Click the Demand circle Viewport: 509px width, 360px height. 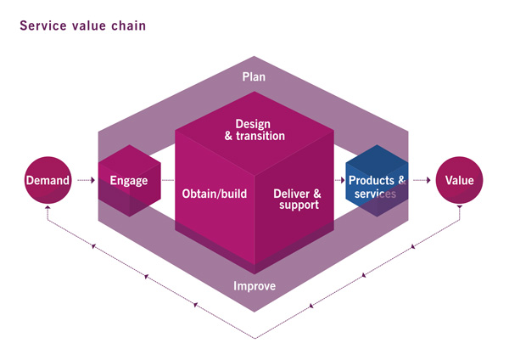tap(48, 180)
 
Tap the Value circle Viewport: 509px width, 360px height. tap(459, 180)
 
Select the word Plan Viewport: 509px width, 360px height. tap(254, 77)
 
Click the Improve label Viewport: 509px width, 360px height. tap(255, 286)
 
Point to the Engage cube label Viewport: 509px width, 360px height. tap(129, 181)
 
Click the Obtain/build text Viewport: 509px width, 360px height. tap(215, 194)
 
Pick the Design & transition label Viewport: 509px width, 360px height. tap(255, 130)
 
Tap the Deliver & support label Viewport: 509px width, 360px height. tap(298, 200)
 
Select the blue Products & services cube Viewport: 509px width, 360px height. tap(377, 181)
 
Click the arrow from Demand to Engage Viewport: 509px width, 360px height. tap(86, 180)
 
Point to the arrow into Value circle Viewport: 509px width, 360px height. tap(422, 180)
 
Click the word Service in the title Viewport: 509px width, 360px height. tap(43, 25)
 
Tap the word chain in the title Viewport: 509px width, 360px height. tap(129, 25)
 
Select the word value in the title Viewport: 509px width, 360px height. tap(88, 25)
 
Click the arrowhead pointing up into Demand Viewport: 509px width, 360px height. tap(48, 207)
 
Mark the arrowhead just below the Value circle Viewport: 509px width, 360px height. tap(459, 207)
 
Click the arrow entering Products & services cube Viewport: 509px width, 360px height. tap(339, 180)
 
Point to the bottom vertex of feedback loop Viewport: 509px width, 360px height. tap(255, 339)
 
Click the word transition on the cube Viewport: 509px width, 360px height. tap(260, 136)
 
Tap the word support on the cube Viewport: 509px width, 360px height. tap(299, 205)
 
